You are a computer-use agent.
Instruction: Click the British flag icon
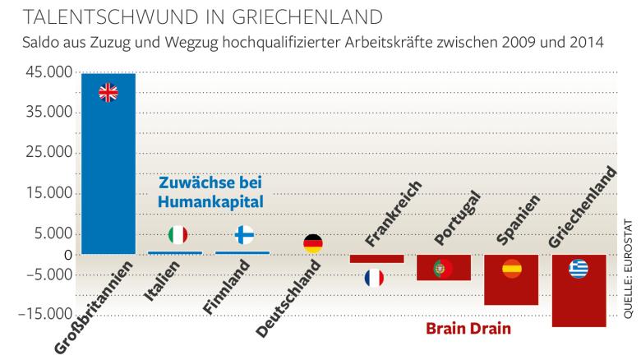[x=108, y=93]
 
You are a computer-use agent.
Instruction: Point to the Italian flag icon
[x=177, y=235]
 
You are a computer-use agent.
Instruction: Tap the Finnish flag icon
[x=244, y=235]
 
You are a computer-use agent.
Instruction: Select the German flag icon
[x=312, y=243]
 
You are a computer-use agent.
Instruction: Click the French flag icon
[x=375, y=278]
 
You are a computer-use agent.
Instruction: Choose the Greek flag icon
[x=579, y=269]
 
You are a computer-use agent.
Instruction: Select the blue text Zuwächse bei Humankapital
[x=216, y=191]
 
